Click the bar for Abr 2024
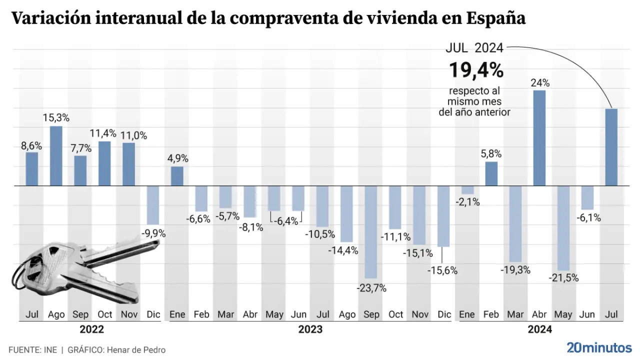[x=539, y=138]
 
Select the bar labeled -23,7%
[x=370, y=232]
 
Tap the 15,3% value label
[x=56, y=118]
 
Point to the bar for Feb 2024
[x=491, y=173]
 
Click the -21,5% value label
[x=563, y=278]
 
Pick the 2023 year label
[x=310, y=329]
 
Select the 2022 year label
[x=92, y=329]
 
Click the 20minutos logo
[x=599, y=347]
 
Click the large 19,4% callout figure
[x=475, y=70]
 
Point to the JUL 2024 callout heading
[x=474, y=48]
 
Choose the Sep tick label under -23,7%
[x=371, y=314]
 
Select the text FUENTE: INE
[x=32, y=350]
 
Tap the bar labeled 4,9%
[x=177, y=176]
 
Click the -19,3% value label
[x=515, y=270]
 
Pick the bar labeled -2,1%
[x=467, y=190]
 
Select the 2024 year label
[x=540, y=329]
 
